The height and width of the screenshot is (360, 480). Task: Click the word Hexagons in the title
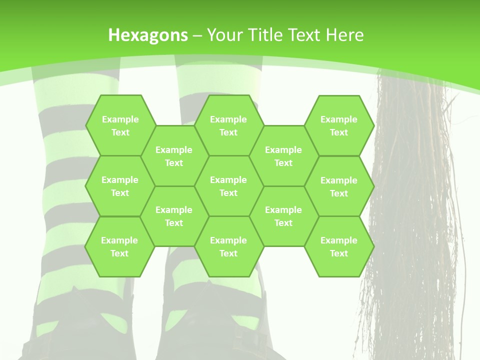(148, 35)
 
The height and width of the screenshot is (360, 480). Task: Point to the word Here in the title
(344, 35)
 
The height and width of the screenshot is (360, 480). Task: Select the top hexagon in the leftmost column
(120, 125)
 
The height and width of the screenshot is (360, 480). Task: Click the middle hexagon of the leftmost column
(120, 186)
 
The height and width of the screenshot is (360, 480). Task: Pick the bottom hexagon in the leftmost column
(119, 246)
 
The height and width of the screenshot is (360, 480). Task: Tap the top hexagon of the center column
(228, 125)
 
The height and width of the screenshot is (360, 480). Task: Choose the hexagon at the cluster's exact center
(228, 186)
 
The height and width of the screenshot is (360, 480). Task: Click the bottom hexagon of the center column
(228, 246)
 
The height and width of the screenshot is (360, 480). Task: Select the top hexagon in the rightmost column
(339, 125)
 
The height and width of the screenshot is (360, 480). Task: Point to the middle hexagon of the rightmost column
(339, 186)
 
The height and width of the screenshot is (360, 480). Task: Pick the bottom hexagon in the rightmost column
(339, 246)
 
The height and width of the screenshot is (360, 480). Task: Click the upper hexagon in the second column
(174, 156)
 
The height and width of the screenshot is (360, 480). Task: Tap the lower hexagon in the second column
(174, 216)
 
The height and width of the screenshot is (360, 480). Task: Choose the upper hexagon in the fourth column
(283, 156)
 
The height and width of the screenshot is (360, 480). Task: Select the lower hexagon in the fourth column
(283, 216)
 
